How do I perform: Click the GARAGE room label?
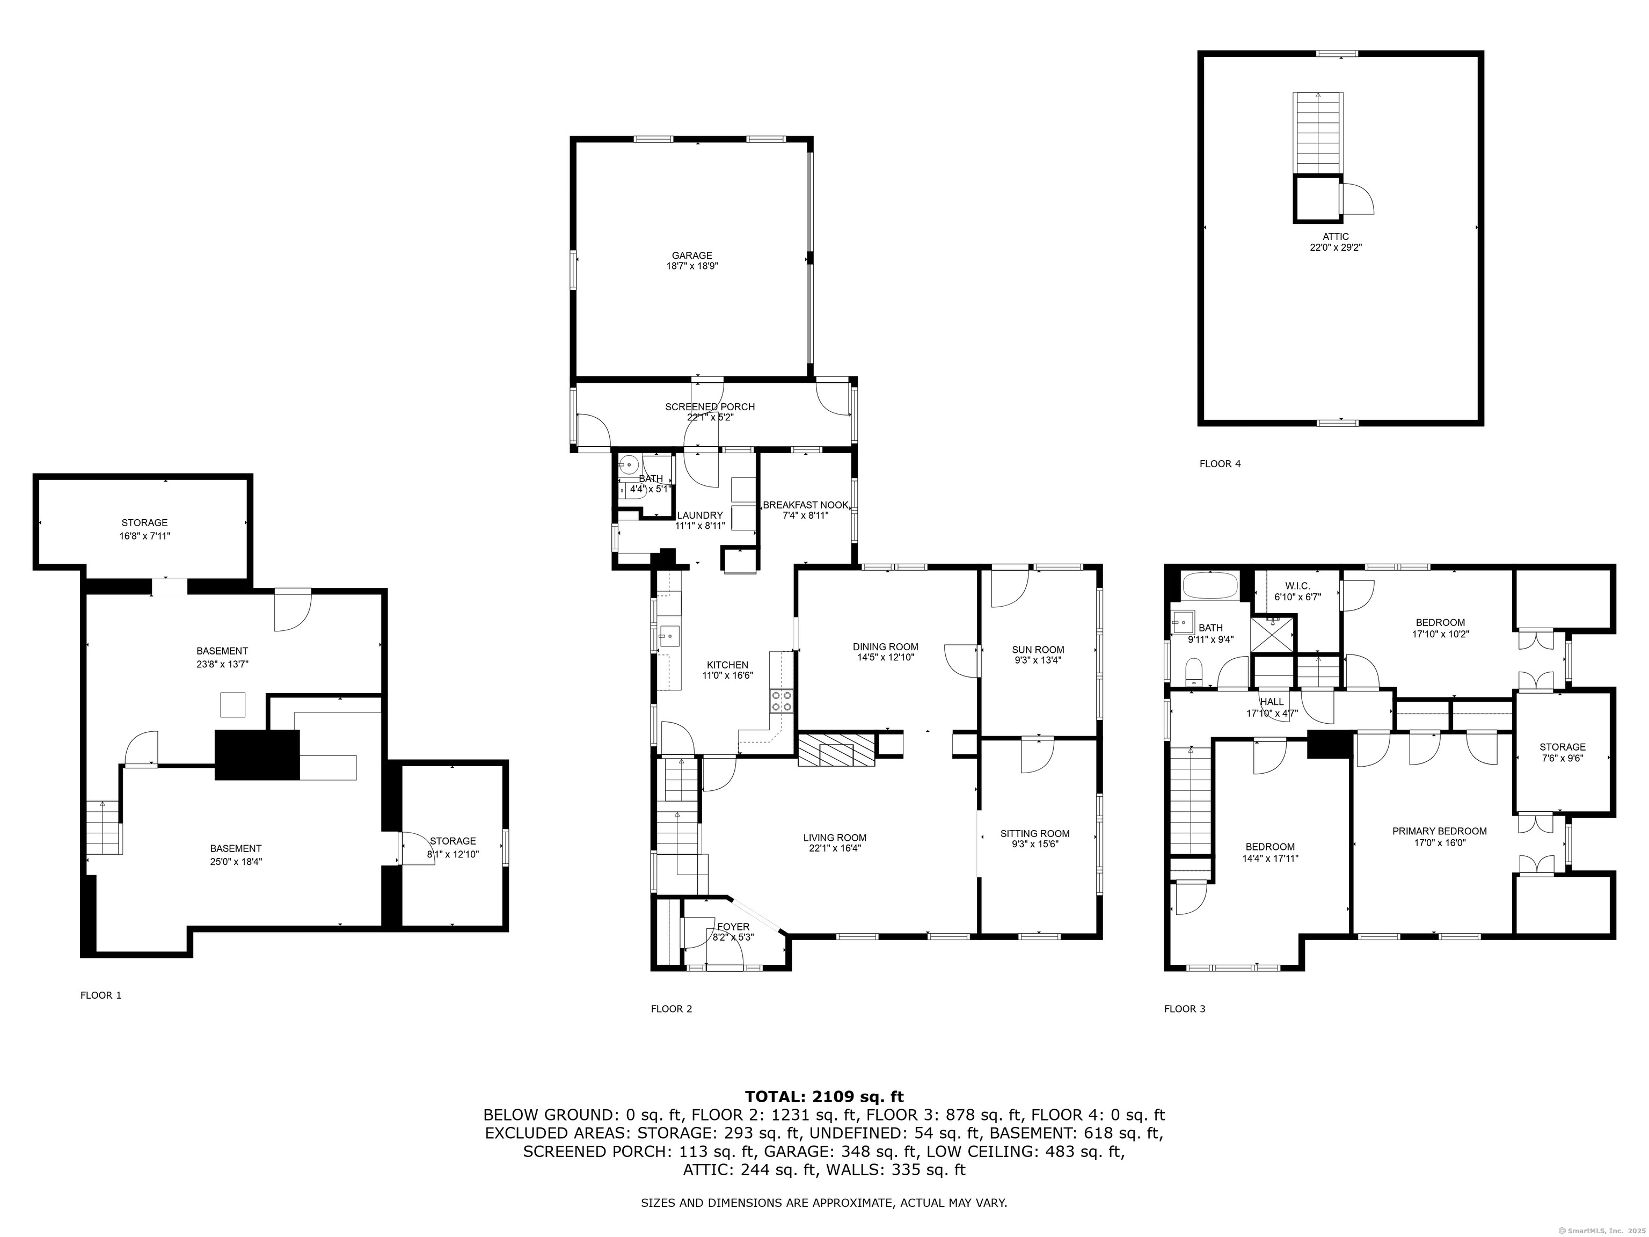coord(692,256)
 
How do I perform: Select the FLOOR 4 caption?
coord(1220,464)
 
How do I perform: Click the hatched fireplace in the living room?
coord(836,750)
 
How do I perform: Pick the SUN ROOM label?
coord(1037,650)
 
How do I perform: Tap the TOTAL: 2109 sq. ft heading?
coord(824,1097)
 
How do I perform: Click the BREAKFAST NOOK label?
coord(805,505)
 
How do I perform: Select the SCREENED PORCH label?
coord(710,407)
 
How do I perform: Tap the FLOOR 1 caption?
coord(100,995)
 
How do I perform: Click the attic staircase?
coord(1318,134)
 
